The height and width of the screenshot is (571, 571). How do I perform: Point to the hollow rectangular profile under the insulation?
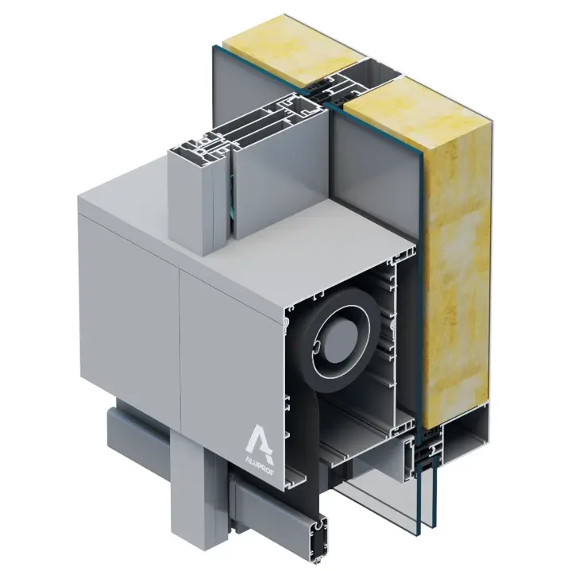coord(466,441)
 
